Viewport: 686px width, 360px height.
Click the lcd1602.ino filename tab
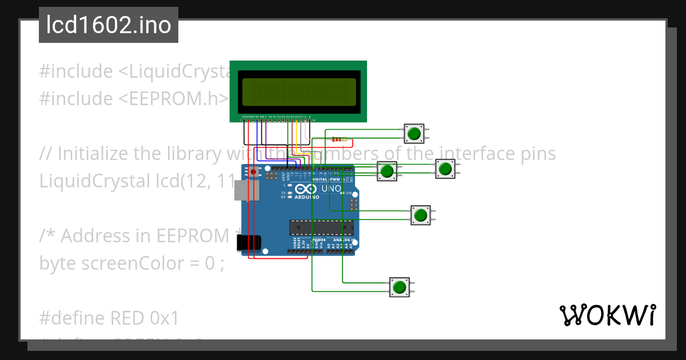point(109,26)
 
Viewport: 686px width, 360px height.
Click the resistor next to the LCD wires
point(339,139)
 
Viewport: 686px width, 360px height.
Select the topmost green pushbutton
point(413,134)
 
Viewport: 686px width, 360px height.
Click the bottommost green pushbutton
point(399,287)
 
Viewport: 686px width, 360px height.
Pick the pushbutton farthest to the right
point(445,169)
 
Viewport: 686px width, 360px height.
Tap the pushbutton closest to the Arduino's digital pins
point(388,170)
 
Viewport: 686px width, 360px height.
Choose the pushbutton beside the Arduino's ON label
point(420,215)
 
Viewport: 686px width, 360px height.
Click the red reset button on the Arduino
point(253,171)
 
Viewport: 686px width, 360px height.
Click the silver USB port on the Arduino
point(243,191)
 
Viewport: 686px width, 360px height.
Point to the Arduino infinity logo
point(306,189)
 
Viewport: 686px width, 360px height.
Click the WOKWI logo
point(607,315)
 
